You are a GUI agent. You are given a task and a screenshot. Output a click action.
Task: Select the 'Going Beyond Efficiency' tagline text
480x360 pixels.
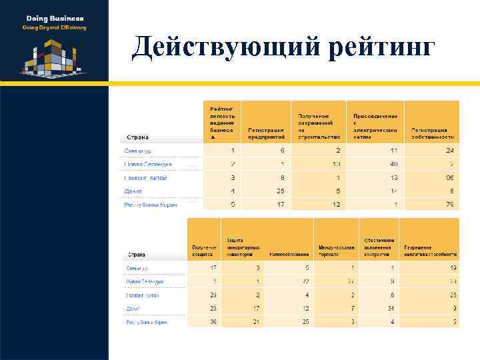[55, 27]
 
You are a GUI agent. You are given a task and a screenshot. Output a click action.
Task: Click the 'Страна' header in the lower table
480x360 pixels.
[137, 255]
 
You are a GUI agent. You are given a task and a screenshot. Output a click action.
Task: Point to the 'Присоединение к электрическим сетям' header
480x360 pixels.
[375, 123]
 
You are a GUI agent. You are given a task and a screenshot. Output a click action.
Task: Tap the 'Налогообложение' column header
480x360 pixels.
[289, 254]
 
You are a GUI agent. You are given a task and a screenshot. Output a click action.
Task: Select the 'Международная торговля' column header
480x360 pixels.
[335, 251]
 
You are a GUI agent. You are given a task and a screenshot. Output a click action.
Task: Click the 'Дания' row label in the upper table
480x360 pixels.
[133, 191]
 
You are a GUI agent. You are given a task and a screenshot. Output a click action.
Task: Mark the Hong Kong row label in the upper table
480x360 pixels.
[145, 178]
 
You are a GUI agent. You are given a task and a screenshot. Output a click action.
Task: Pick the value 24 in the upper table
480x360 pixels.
[450, 151]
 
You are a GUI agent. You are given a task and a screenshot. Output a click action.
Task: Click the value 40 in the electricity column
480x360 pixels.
[395, 164]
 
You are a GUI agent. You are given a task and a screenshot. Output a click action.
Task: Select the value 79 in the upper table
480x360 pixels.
[450, 204]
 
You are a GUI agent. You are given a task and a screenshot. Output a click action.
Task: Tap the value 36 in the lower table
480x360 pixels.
[213, 322]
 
